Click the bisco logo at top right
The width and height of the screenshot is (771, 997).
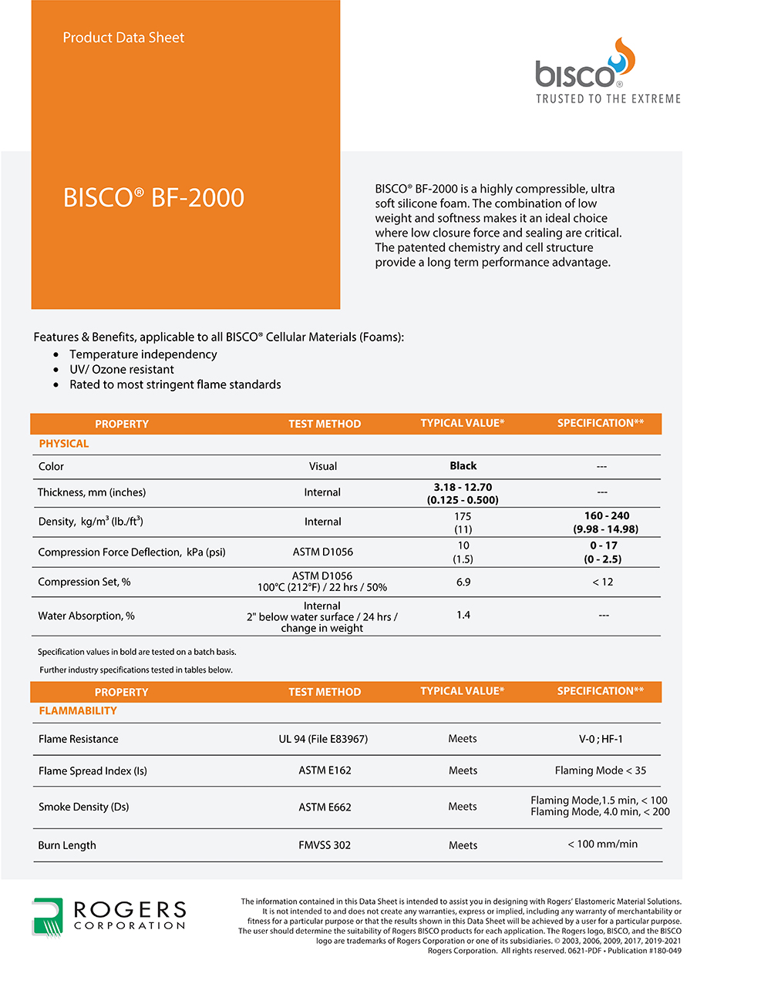tap(584, 65)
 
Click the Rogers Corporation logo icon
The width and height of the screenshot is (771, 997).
tap(47, 916)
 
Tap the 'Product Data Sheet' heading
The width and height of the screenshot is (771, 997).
tap(123, 38)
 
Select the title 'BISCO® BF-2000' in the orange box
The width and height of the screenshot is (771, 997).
tap(153, 198)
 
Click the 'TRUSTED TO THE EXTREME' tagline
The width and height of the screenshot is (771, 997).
tap(608, 99)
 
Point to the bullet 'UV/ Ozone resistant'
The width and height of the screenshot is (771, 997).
tap(122, 369)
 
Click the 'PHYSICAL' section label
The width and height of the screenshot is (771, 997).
tap(64, 444)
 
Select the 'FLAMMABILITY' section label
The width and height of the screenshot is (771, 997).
tap(78, 711)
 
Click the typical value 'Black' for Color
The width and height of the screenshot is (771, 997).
tap(463, 466)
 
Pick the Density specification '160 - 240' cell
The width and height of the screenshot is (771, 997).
tap(606, 522)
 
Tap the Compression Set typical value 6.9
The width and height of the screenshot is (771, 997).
tap(463, 582)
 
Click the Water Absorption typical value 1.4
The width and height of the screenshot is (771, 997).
tap(463, 615)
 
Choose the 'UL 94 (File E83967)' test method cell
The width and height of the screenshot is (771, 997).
tap(323, 739)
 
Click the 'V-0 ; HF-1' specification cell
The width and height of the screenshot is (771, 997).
tap(601, 739)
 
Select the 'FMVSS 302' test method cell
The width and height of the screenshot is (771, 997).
tap(325, 845)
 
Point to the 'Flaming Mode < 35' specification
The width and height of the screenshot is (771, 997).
tap(601, 770)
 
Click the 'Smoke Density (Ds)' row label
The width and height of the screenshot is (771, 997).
tap(83, 807)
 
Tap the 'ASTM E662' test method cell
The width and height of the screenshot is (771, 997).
tap(325, 807)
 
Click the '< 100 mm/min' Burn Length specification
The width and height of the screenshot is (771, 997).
tap(602, 844)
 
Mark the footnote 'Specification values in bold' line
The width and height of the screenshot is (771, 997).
tap(137, 652)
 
